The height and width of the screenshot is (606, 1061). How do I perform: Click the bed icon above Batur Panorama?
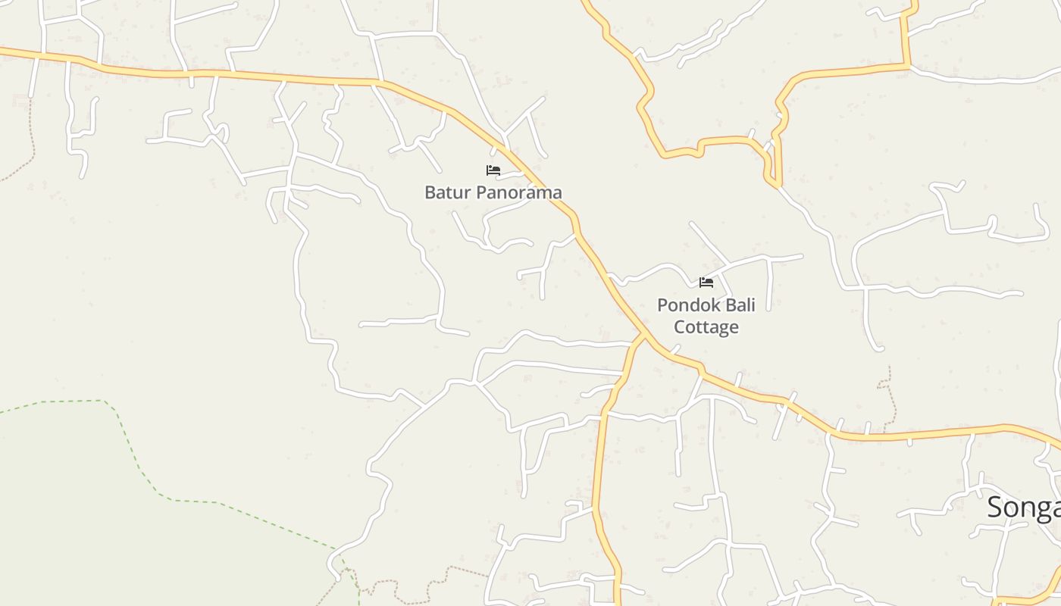point(493,170)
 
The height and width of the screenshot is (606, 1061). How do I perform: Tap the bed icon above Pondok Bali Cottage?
point(706,283)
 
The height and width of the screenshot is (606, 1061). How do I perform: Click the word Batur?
point(443,192)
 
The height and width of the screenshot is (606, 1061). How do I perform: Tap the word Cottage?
point(706,327)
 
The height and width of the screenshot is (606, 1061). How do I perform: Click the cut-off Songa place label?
point(1023,508)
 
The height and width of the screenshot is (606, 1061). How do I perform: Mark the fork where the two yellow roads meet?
point(643,334)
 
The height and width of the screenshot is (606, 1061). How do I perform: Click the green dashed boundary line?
point(136,454)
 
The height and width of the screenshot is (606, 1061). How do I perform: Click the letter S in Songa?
point(994,508)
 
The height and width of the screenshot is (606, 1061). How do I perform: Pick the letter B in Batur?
point(430,192)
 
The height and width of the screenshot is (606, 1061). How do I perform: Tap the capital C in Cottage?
point(680,327)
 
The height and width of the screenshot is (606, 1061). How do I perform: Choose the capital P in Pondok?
point(662,305)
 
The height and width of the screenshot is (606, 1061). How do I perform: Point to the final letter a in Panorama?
point(557,193)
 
